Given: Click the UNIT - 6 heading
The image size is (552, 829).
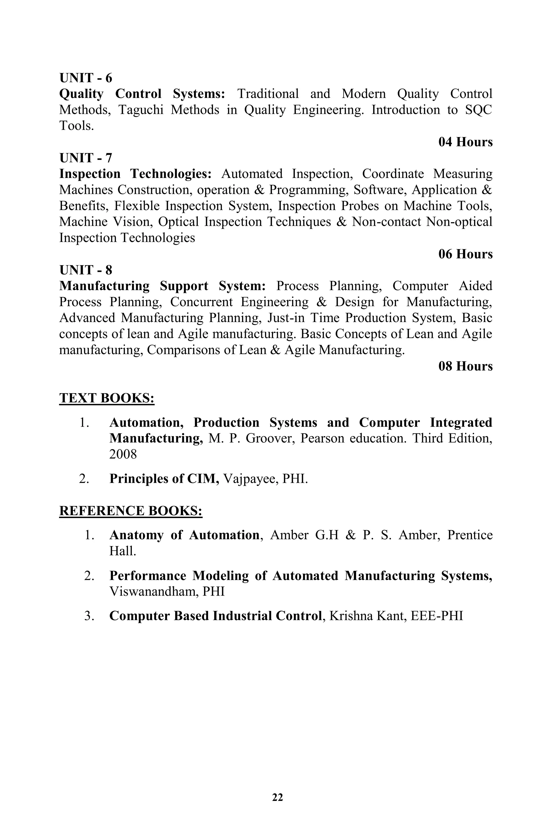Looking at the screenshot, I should point(85,78).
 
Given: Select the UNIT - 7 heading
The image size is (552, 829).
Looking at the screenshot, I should point(85,158).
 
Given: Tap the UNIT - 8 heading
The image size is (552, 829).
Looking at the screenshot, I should point(85,270).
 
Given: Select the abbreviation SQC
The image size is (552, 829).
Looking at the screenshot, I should point(478,110).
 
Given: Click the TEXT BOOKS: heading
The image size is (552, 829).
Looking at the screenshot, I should point(107,398).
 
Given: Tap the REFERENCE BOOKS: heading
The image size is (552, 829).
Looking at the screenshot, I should point(131,511).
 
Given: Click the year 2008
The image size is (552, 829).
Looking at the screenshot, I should point(123,454).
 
